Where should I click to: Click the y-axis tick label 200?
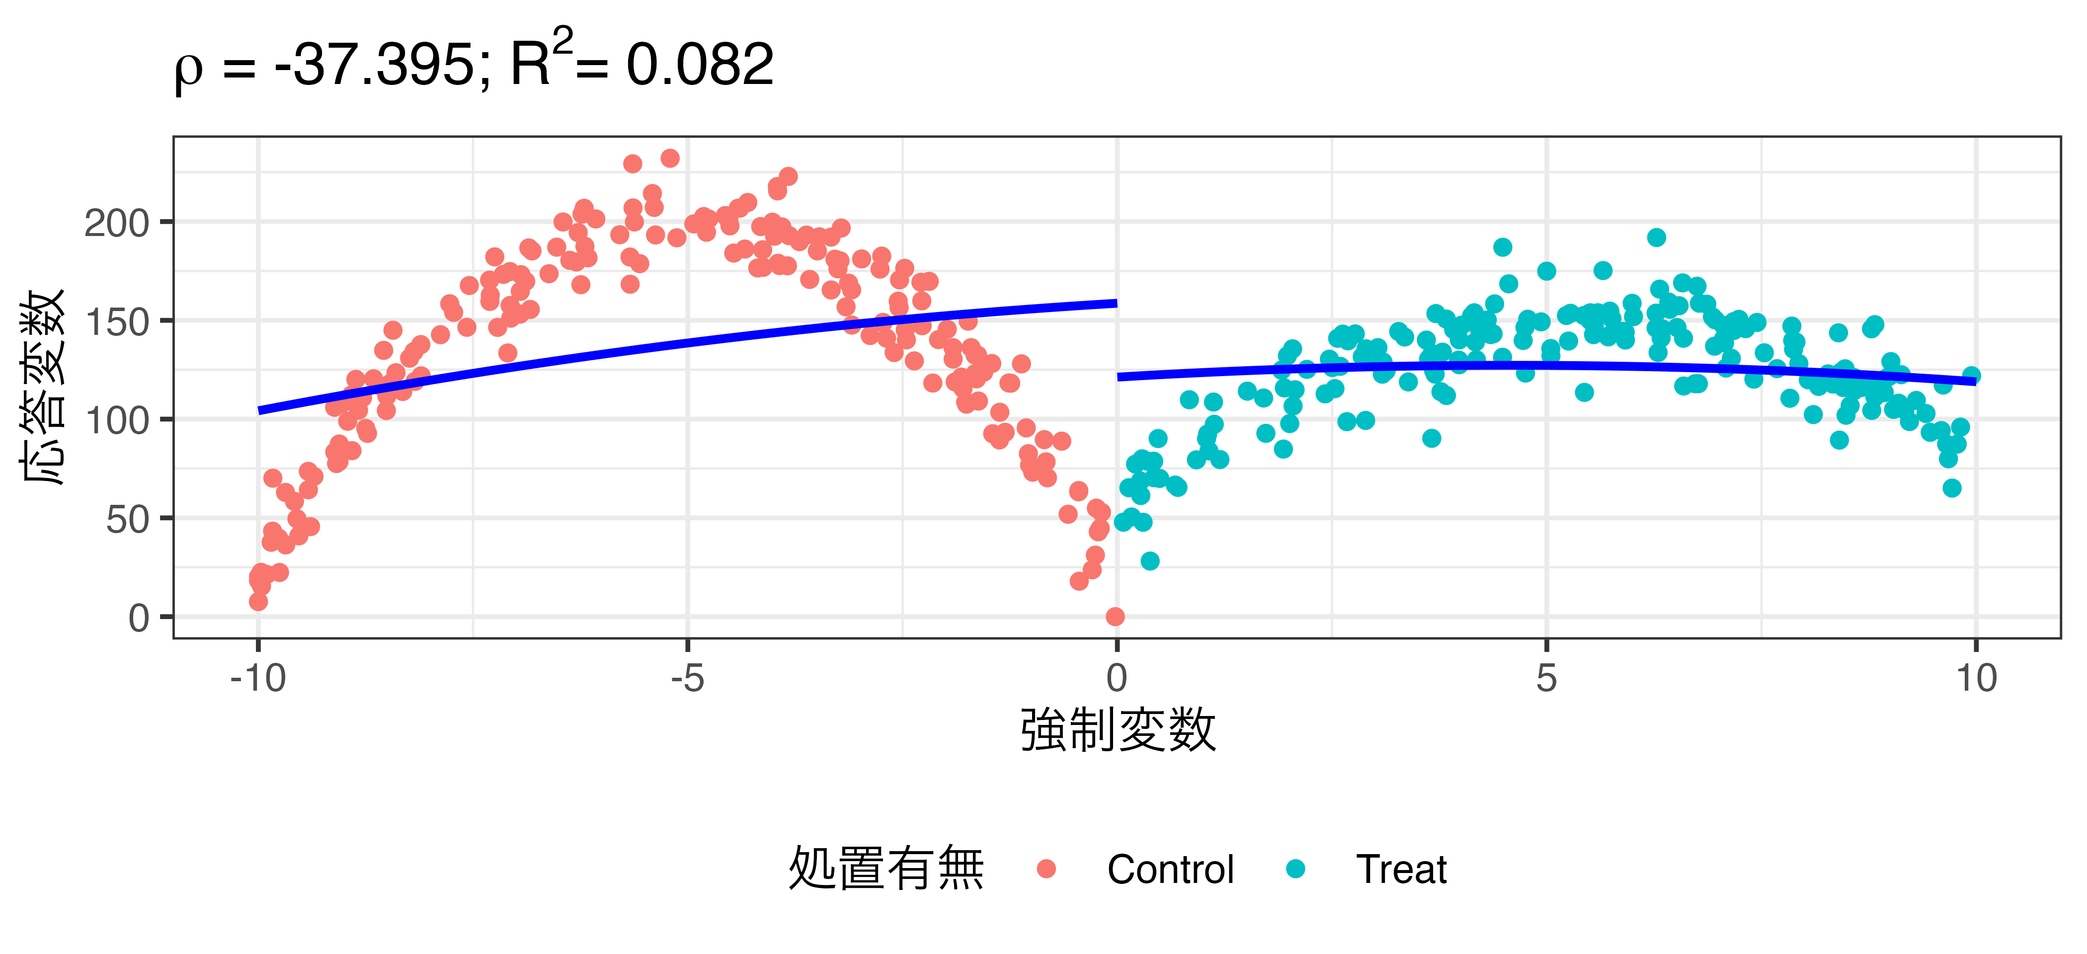[x=117, y=224]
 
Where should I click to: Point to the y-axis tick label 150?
[x=117, y=322]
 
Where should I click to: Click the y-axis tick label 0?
[x=139, y=619]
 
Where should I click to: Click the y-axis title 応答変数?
[x=42, y=387]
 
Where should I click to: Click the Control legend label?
[x=1170, y=870]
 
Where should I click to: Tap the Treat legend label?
[x=1401, y=870]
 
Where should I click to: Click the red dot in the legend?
[x=1046, y=869]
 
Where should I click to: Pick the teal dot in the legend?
[x=1295, y=869]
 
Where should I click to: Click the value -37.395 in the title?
[x=375, y=65]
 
